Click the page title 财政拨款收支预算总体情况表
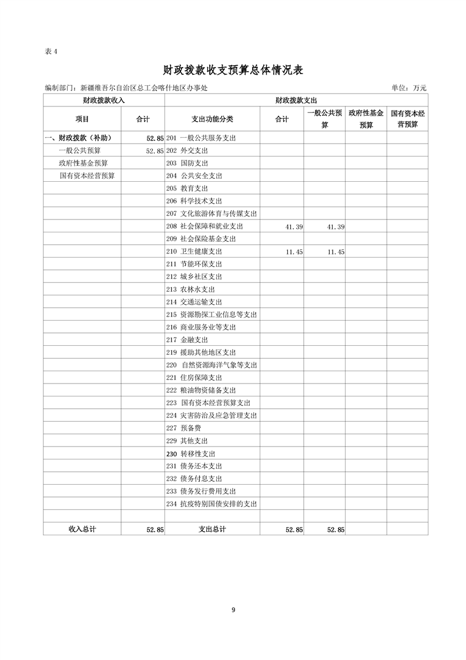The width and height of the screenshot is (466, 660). point(233,71)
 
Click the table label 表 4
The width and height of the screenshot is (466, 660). point(52,51)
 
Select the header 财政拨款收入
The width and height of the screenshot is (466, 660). point(104,101)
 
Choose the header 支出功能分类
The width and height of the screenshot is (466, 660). point(212,119)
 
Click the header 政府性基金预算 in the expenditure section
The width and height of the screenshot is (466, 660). point(366,119)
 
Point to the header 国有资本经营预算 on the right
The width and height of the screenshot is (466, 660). point(407,119)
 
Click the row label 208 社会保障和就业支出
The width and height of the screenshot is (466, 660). point(204,226)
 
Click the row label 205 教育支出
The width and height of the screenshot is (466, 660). point(187,188)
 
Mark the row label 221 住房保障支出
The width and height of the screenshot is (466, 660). point(194,378)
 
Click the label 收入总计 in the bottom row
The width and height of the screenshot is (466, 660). point(82,529)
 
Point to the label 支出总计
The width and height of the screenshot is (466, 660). point(212,529)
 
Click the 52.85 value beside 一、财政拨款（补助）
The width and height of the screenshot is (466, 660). point(155,138)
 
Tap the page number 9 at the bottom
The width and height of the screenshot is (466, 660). point(233,609)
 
